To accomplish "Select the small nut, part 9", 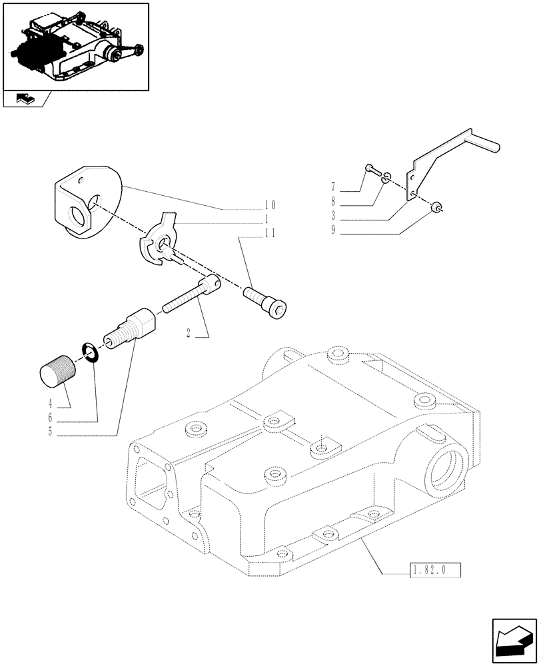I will coord(437,208).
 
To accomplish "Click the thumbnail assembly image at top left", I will coord(76,47).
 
